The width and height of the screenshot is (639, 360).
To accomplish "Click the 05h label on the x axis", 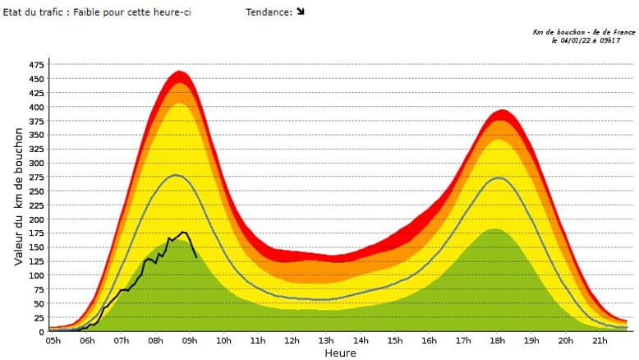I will [53, 341].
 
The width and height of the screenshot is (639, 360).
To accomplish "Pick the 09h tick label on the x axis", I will [190, 341].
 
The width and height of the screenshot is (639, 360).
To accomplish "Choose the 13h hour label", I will [326, 341].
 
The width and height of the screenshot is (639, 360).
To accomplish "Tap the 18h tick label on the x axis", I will [497, 341].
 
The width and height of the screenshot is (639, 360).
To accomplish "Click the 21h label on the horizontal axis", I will [600, 341].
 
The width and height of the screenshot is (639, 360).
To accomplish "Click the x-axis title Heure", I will [340, 353].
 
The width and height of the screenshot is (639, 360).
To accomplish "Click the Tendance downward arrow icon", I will [301, 12].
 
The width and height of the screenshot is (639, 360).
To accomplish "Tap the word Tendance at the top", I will [268, 12].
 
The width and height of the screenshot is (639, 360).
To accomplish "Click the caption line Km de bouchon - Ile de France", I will [583, 32].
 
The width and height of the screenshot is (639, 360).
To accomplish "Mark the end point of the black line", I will [196, 257].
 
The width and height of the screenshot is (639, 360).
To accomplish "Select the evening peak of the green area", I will [495, 229].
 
